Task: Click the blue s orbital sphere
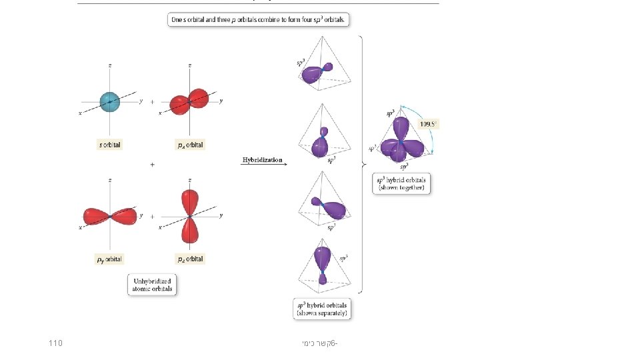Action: [x=110, y=101]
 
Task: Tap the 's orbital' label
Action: [x=110, y=144]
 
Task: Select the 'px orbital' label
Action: [x=190, y=144]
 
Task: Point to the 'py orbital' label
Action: [x=110, y=259]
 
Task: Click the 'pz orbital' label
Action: [x=190, y=259]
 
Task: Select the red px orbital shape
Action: [x=189, y=101]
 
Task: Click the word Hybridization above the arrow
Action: [x=262, y=160]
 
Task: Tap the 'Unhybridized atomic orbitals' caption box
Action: [x=152, y=285]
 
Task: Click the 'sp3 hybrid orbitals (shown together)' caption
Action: [x=401, y=184]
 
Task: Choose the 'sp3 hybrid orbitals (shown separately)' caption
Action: [x=323, y=309]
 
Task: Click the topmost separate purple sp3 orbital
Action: [x=313, y=73]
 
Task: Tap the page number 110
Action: [x=56, y=343]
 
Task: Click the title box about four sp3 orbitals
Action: [x=259, y=20]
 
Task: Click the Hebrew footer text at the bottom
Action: [x=319, y=343]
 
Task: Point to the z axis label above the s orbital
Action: [x=110, y=65]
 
